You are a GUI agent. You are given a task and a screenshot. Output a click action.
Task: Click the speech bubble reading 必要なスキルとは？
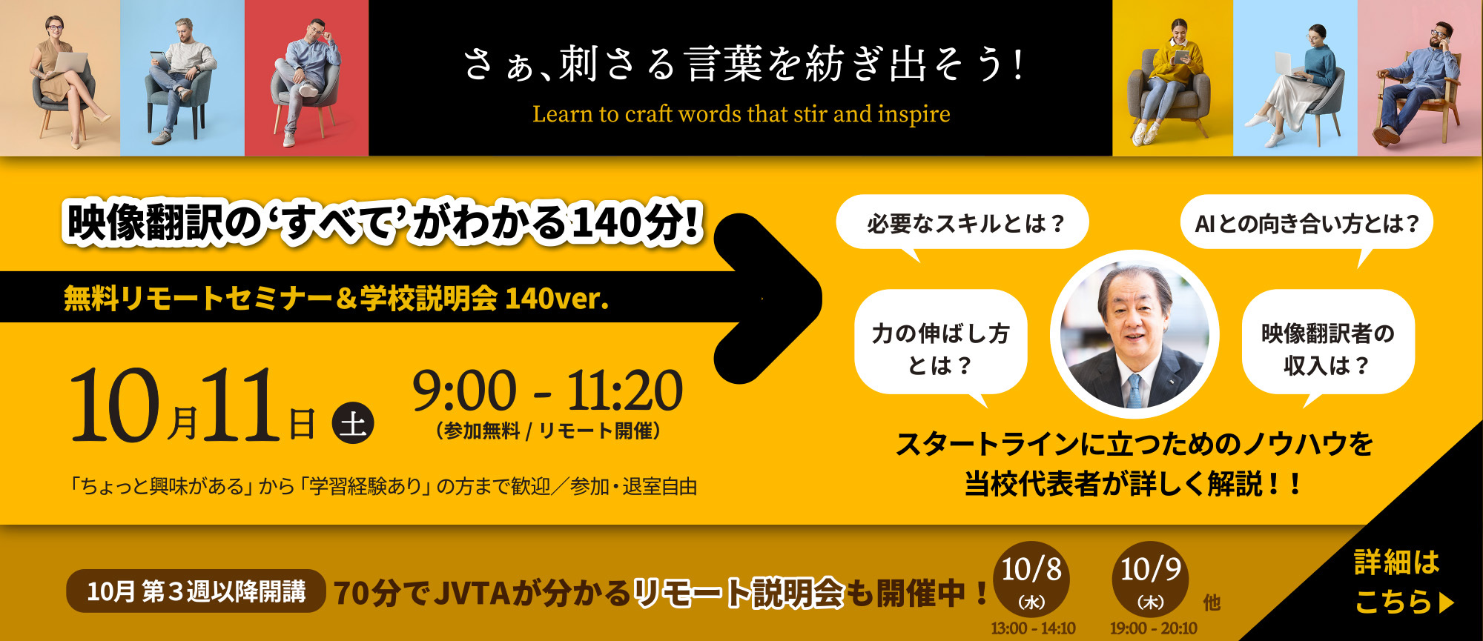962,222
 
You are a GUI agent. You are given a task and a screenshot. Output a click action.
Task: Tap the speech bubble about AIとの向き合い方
1307,222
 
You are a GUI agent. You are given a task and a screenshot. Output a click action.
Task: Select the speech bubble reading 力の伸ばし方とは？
941,342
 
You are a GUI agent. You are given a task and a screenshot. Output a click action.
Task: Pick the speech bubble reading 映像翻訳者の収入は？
1328,342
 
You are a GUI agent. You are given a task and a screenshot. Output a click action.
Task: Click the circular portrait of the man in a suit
1134,335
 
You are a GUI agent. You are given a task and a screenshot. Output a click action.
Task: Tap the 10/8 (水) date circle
1031,580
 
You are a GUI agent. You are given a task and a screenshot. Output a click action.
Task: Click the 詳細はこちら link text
1401,582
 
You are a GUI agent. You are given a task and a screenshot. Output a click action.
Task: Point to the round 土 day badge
353,423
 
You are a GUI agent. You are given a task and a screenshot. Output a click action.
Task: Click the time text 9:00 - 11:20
547,391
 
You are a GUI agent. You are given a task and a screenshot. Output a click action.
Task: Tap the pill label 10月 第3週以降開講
196,591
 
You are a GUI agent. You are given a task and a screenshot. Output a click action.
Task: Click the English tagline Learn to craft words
741,114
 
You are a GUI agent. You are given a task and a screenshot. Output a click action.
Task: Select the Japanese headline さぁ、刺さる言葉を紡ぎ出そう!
744,64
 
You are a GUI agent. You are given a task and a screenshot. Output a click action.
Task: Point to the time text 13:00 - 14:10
1033,628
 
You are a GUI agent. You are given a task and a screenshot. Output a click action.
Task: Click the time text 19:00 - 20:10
1153,628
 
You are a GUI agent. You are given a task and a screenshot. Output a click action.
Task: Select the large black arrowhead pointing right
771,299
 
